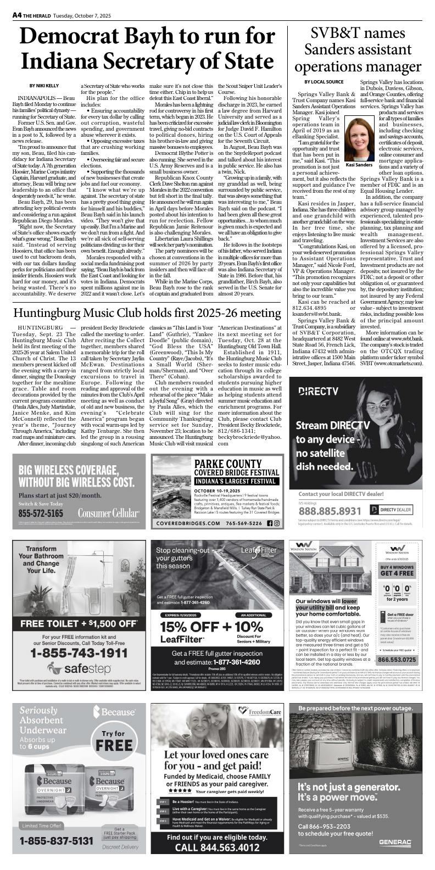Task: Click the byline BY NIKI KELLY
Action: tap(44, 86)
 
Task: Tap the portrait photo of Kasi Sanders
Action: tap(359, 140)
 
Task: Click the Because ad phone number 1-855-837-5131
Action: tap(57, 841)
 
